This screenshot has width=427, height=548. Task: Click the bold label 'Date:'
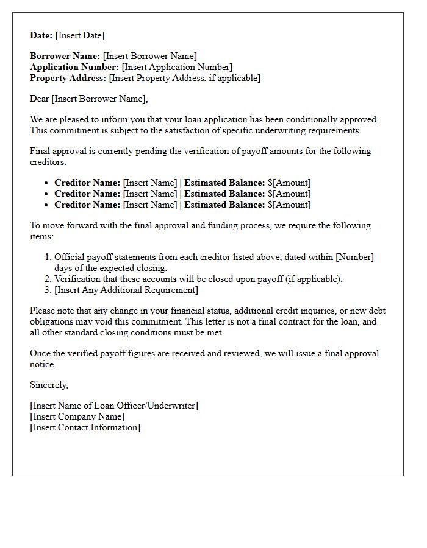pyautogui.click(x=41, y=35)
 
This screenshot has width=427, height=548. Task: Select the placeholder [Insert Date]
pyautogui.click(x=80, y=35)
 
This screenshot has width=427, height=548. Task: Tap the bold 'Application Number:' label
pyautogui.click(x=74, y=67)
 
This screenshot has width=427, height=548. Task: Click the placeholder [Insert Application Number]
pyautogui.click(x=177, y=67)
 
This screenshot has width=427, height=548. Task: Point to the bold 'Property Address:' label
pyautogui.click(x=68, y=78)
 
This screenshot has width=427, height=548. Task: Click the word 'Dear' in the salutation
pyautogui.click(x=40, y=99)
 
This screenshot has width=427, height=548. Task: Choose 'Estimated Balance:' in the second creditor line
pyautogui.click(x=224, y=194)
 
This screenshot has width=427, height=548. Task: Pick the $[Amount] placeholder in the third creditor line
pyautogui.click(x=289, y=205)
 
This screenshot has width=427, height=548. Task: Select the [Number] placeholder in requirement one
pyautogui.click(x=354, y=257)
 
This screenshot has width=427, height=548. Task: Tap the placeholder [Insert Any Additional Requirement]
pyautogui.click(x=126, y=290)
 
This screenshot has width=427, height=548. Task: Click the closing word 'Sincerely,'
pyautogui.click(x=49, y=385)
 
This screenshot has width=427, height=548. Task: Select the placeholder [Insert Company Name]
pyautogui.click(x=77, y=416)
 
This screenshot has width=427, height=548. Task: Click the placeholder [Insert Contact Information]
pyautogui.click(x=85, y=427)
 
